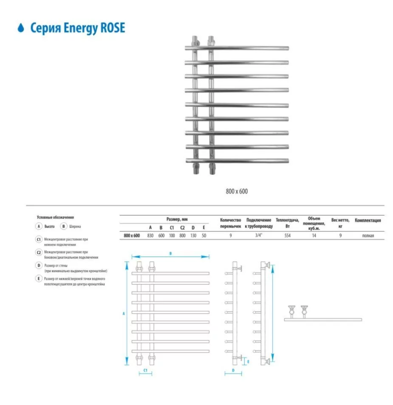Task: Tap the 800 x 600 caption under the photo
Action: pyautogui.click(x=237, y=191)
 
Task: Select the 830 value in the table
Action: pyautogui.click(x=150, y=235)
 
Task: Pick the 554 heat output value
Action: pyautogui.click(x=287, y=235)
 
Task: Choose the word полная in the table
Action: pyautogui.click(x=368, y=235)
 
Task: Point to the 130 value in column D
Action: pyautogui.click(x=193, y=235)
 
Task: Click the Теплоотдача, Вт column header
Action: pyautogui.click(x=287, y=223)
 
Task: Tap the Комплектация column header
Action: pyautogui.click(x=368, y=221)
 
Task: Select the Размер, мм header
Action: pyautogui.click(x=177, y=219)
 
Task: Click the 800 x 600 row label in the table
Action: pyautogui.click(x=132, y=235)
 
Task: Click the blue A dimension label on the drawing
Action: pyautogui.click(x=123, y=314)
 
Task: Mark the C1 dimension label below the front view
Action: pyautogui.click(x=145, y=370)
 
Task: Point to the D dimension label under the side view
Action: pyautogui.click(x=233, y=370)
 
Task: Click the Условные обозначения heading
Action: pyautogui.click(x=55, y=217)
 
